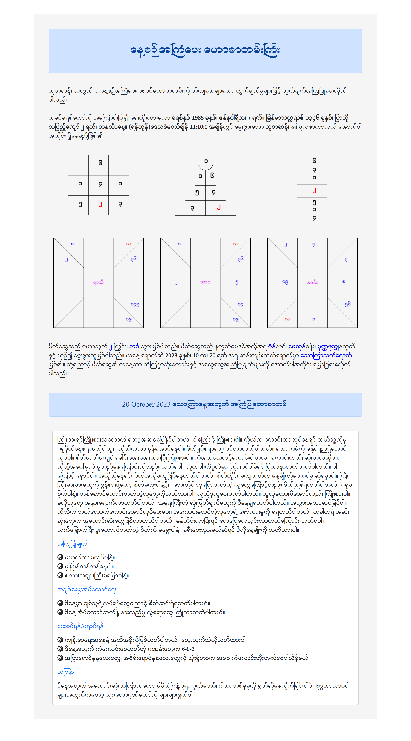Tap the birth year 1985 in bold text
[197, 118]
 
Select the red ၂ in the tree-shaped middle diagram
[219, 207]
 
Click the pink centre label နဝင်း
[312, 283]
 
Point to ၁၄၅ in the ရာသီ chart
[135, 304]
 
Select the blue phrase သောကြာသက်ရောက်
[326, 356]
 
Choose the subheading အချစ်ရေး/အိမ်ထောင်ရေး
[87, 589]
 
